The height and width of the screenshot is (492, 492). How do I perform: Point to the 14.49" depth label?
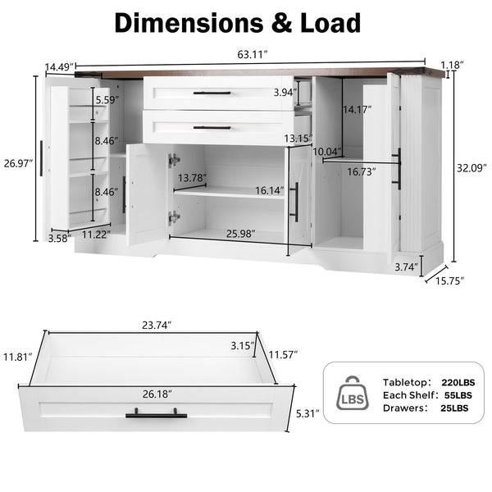(x=60, y=66)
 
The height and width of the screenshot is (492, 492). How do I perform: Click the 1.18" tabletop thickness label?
(x=451, y=63)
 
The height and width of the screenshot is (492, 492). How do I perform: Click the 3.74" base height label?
(x=407, y=266)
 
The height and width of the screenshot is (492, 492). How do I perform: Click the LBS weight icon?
(x=353, y=394)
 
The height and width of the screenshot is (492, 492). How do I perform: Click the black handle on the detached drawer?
(x=156, y=414)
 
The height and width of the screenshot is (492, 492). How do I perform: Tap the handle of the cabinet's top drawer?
(x=212, y=93)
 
